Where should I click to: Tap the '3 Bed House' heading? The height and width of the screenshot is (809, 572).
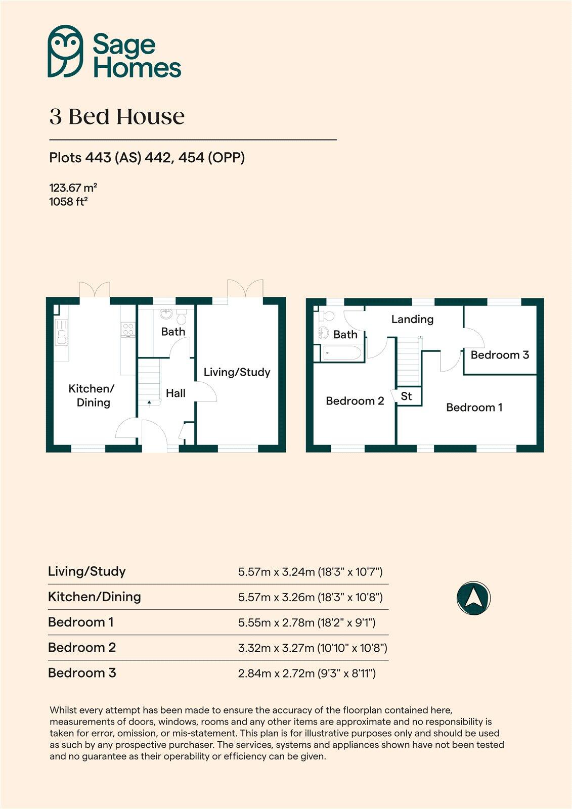pos(117,117)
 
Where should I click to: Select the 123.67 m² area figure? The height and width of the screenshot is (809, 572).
pos(73,188)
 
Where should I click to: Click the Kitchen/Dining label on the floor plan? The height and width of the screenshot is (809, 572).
pos(92,395)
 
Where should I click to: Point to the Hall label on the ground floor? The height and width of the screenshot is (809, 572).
pos(175,393)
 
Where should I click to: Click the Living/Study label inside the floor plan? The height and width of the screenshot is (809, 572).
pos(237,372)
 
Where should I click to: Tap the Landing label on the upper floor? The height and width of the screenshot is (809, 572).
pos(412,319)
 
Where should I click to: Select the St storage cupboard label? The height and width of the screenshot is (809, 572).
pos(406,396)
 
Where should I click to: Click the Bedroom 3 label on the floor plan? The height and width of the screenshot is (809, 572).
pos(500,355)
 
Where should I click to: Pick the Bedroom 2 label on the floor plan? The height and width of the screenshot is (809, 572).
pos(355,401)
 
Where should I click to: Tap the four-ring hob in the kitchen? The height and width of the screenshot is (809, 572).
pos(127,329)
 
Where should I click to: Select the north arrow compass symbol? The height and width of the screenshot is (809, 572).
pos(473,598)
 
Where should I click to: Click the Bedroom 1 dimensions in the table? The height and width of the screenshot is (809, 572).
pos(306,622)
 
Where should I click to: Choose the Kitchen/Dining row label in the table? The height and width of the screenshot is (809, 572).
pos(95,597)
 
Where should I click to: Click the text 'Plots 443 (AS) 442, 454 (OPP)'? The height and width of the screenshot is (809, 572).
pos(147,158)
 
